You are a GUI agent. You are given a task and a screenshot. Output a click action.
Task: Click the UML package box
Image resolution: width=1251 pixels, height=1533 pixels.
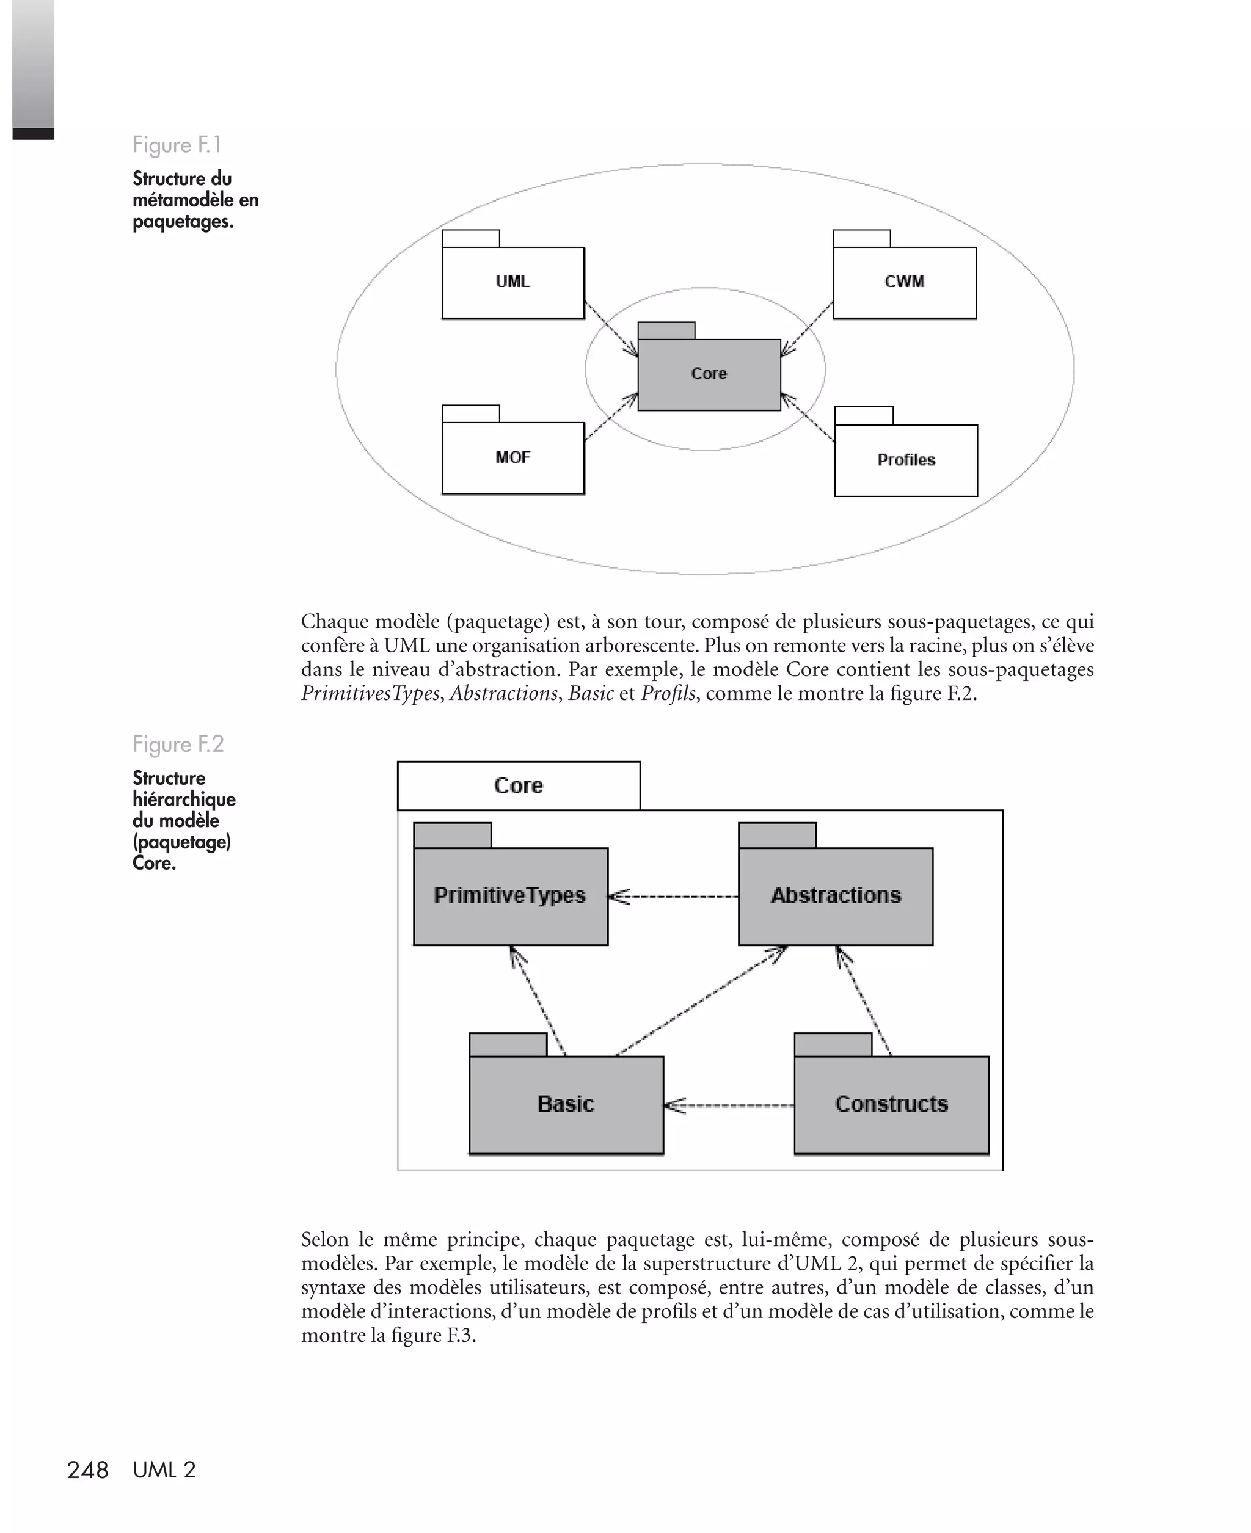[513, 282]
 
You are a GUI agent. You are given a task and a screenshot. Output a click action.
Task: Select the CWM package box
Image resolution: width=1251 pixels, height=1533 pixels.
[905, 282]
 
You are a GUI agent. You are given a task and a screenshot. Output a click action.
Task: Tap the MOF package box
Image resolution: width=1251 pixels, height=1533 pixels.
[513, 457]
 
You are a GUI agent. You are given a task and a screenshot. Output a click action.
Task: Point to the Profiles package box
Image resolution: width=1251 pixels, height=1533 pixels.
[906, 461]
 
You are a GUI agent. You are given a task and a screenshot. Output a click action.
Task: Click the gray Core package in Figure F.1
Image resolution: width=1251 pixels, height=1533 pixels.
[709, 374]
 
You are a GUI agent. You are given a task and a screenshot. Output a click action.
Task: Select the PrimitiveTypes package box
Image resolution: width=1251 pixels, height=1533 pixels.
[510, 895]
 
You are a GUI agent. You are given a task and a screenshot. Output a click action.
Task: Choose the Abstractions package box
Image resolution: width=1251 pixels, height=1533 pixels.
[836, 895]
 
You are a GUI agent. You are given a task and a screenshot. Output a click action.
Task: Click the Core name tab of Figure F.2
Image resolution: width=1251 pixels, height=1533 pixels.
[519, 785]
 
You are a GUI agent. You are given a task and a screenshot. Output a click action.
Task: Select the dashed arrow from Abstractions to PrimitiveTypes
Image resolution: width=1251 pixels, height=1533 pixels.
[673, 896]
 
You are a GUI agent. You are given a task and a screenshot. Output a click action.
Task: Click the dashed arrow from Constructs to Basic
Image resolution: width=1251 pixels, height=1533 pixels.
[729, 1105]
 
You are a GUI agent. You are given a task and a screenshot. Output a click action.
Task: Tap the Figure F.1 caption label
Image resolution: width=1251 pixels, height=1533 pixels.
[177, 145]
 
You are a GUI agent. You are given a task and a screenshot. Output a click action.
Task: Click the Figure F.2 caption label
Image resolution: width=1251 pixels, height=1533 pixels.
[178, 743]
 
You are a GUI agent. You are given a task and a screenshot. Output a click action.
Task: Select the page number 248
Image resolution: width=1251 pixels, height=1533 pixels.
[87, 1470]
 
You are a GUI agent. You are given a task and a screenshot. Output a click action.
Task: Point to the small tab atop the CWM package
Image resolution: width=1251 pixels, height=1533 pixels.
[862, 238]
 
